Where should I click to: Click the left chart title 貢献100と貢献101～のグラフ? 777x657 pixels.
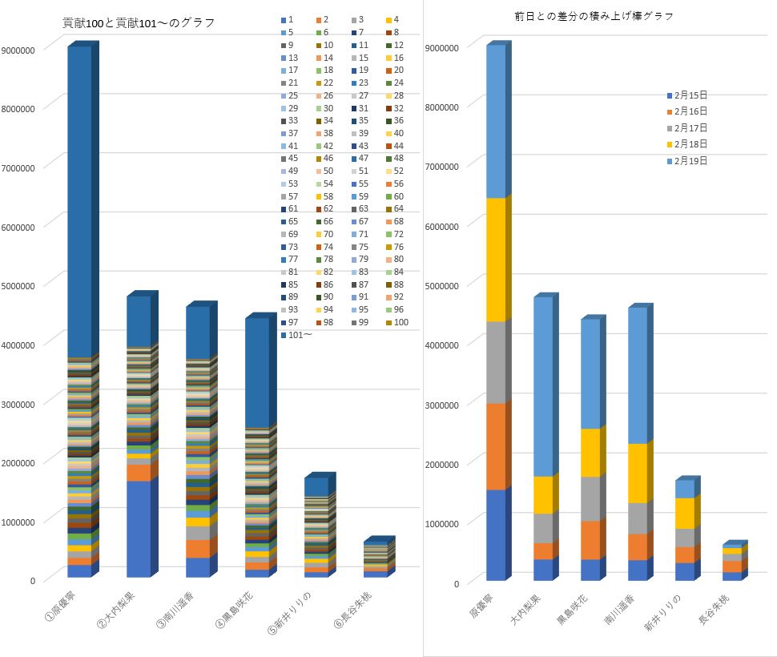[139, 22]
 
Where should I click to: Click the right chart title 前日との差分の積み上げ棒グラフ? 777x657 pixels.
[594, 16]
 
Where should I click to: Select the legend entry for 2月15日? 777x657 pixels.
[690, 95]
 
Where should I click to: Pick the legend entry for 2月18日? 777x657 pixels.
[690, 144]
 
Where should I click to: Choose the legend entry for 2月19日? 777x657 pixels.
[690, 161]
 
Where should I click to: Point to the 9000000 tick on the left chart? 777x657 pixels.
[18, 50]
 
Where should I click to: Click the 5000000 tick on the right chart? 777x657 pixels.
[442, 285]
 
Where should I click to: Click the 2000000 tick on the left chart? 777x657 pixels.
[18, 462]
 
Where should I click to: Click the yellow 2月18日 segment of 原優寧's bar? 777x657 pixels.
[496, 260]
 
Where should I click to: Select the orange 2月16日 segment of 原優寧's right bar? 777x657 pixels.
[496, 446]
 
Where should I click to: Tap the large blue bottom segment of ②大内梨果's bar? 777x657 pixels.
[138, 529]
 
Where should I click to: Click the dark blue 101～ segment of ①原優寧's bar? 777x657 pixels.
[79, 200]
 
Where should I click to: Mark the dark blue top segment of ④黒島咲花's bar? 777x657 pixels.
[256, 373]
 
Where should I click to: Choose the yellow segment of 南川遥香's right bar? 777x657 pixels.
[638, 473]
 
